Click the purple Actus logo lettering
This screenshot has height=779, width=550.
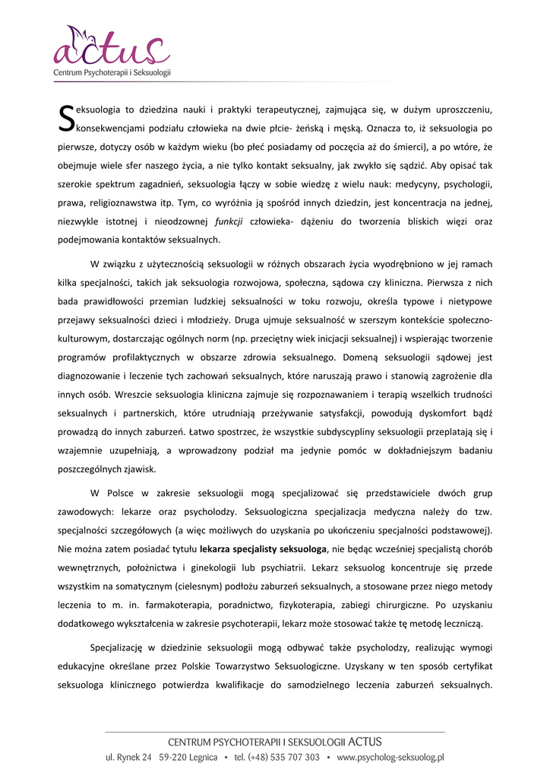click(x=111, y=52)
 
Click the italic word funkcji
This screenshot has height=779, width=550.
click(x=228, y=221)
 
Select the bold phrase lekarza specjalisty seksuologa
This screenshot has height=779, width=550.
click(x=259, y=548)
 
